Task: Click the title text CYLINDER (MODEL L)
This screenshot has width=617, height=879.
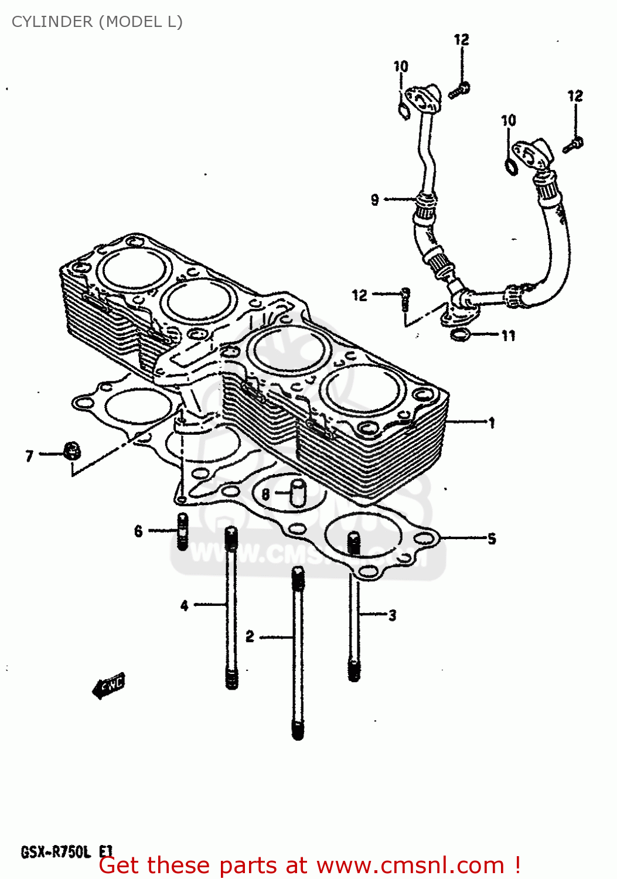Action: tap(97, 22)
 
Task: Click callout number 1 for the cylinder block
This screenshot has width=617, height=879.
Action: tap(492, 422)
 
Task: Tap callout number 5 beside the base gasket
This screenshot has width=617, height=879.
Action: tap(492, 538)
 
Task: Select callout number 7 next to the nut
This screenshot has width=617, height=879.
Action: tap(29, 455)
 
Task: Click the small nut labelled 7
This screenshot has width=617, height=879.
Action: tap(72, 451)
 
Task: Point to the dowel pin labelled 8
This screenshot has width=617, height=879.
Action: tap(298, 492)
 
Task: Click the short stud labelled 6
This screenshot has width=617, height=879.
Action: tap(183, 531)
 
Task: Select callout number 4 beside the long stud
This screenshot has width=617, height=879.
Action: tap(185, 605)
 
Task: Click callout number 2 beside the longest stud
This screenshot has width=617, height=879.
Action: tap(250, 636)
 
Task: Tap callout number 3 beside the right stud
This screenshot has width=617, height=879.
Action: tap(392, 615)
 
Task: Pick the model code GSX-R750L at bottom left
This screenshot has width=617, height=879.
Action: tap(56, 851)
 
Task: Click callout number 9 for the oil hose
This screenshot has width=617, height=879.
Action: tap(375, 200)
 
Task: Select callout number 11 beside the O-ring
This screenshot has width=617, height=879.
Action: tap(508, 335)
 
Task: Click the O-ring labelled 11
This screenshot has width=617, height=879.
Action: tap(461, 335)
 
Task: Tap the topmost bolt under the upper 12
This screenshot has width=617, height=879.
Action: tap(460, 90)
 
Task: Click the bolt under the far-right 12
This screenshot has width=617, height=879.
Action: tap(573, 144)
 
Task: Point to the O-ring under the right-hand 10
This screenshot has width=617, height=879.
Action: tap(511, 167)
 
